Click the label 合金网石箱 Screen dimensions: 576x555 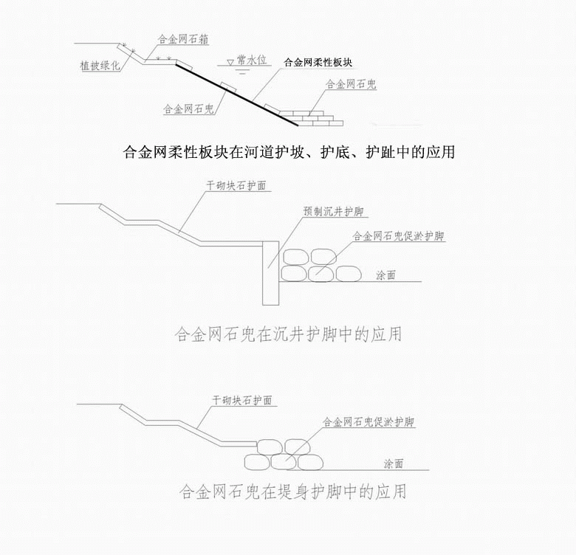coord(183,39)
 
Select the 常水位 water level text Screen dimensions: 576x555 coord(252,60)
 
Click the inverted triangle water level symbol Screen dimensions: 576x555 coord(230,63)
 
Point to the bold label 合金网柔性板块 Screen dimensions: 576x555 coord(318,62)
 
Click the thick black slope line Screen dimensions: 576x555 coord(236,94)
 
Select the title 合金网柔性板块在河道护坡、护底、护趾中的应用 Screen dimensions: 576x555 coord(289,151)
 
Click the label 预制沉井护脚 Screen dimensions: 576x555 coord(333,211)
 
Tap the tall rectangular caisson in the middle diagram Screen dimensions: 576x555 coord(271,273)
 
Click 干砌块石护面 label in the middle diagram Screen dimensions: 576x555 coord(236,185)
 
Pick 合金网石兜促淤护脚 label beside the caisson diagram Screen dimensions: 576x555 coord(399,235)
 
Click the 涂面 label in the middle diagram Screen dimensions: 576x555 coord(385,275)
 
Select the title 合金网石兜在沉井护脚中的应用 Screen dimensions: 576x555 coord(288,334)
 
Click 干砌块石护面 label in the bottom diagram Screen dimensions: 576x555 coord(242,400)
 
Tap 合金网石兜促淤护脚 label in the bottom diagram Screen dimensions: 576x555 coord(368,421)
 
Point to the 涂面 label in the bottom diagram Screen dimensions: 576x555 coord(394,463)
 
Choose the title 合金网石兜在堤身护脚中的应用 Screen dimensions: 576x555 coord(292,492)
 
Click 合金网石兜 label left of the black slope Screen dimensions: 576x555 coord(188,108)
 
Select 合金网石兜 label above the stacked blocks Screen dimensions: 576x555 coord(352,84)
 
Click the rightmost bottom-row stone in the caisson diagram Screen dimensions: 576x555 coord(349,274)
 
